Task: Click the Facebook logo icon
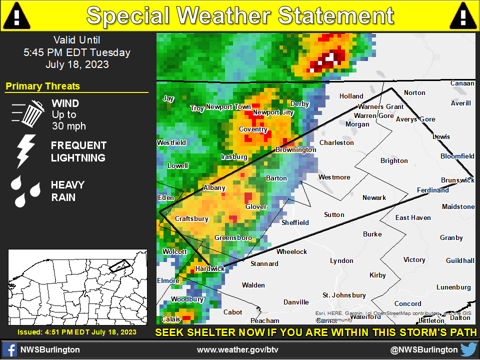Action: pyautogui.click(x=9, y=349)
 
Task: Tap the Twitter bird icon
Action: pyautogui.click(x=468, y=349)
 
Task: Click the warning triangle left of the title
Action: pyautogui.click(x=16, y=15)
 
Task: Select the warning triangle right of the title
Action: pyautogui.click(x=463, y=15)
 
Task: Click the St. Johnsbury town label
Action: pyautogui.click(x=344, y=295)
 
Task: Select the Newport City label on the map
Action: pyautogui.click(x=273, y=112)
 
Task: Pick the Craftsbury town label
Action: pyautogui.click(x=191, y=219)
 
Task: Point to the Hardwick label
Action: pyautogui.click(x=210, y=268)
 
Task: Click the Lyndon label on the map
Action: pyautogui.click(x=341, y=260)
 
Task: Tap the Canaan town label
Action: pyautogui.click(x=462, y=83)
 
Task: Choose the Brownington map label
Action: pyautogui.click(x=296, y=149)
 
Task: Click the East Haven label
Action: pyautogui.click(x=413, y=217)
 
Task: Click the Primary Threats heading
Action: pyautogui.click(x=42, y=86)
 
